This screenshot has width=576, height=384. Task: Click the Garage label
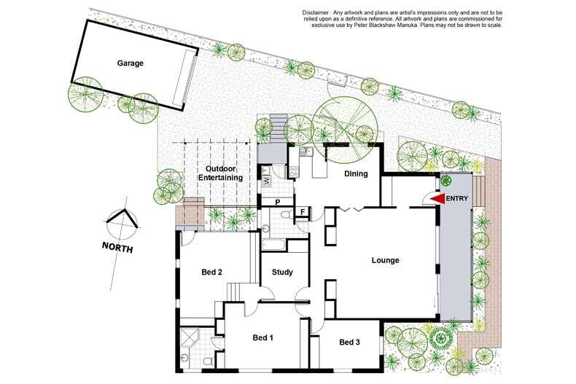coord(130,63)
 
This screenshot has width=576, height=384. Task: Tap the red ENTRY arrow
coord(436,199)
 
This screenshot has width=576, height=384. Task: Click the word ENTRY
coord(458,199)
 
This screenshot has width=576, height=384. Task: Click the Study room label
coord(282,273)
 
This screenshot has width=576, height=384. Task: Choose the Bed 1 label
coord(262,337)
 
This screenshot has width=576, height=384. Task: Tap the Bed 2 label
coord(211,273)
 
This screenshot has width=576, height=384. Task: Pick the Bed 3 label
coord(349,342)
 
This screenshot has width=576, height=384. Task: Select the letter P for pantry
coord(278,202)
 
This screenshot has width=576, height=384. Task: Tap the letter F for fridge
coord(301,212)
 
